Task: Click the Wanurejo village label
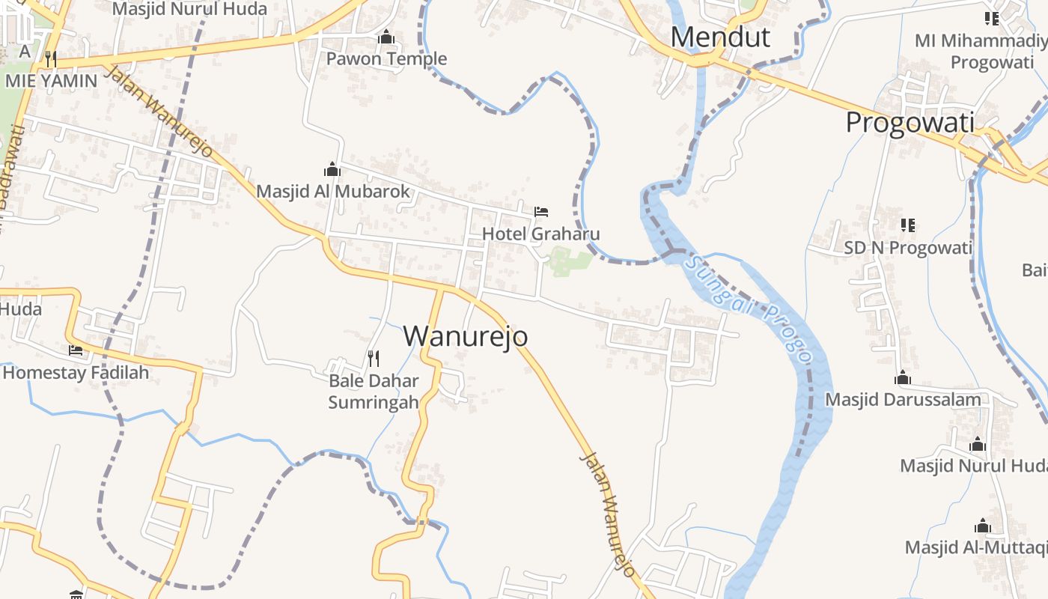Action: pos(466,336)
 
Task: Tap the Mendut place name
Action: pos(720,37)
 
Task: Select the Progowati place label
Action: pos(910,122)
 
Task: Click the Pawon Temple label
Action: pos(386,58)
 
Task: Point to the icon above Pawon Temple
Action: pos(386,37)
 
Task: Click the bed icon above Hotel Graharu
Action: pos(541,212)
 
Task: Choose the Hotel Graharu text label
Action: pos(540,234)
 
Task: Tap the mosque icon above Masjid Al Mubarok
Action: pos(332,170)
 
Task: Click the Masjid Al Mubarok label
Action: pos(333,191)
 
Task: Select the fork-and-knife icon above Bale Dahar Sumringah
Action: pos(374,359)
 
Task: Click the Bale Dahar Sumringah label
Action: pos(374,391)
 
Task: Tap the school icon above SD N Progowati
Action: pos(908,225)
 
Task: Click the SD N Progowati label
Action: pos(908,247)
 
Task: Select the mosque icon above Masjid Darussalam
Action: pos(903,377)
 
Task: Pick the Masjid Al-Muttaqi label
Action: pos(975,547)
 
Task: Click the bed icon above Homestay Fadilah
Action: pos(76,350)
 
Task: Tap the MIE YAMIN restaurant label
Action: pos(51,80)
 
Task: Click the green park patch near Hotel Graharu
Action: pos(570,261)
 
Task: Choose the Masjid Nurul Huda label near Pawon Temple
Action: pos(189,9)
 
